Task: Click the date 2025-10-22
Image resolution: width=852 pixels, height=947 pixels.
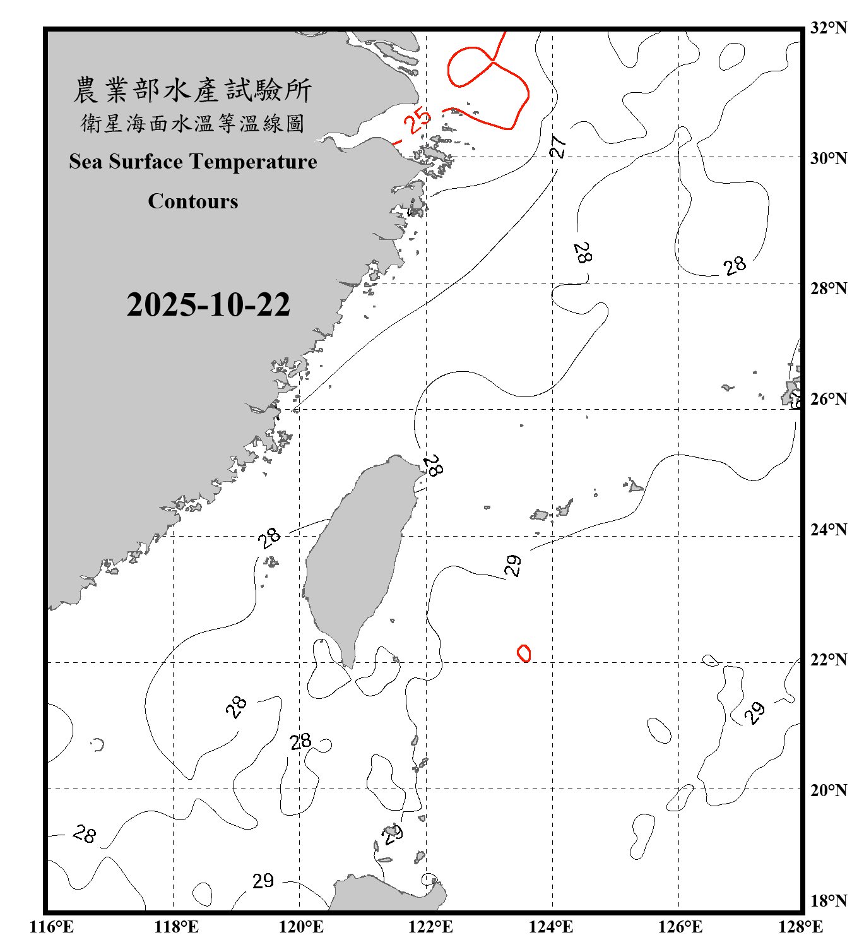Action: (x=208, y=304)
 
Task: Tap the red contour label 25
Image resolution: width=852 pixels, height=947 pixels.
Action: (x=417, y=120)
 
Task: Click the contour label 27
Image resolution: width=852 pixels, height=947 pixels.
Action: (x=558, y=146)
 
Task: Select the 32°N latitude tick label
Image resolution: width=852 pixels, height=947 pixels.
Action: (x=829, y=28)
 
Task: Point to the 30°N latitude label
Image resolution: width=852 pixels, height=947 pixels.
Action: (x=829, y=158)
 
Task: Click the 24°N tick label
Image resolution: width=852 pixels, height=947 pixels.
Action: (x=829, y=529)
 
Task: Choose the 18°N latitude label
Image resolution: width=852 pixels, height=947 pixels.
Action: (x=829, y=901)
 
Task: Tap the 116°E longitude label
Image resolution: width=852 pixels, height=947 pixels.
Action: (x=52, y=927)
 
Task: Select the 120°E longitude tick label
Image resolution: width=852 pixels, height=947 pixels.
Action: (x=301, y=927)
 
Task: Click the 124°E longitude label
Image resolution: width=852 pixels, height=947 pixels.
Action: (x=551, y=927)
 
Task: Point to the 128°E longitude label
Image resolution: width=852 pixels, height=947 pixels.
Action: (x=800, y=927)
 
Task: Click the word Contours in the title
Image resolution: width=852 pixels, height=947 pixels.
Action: (x=193, y=201)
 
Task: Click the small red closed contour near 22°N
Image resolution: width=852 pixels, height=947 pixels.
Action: (x=524, y=653)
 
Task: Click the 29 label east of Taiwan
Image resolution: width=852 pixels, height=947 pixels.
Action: (x=514, y=565)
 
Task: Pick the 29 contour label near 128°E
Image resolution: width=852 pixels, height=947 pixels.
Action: (x=754, y=712)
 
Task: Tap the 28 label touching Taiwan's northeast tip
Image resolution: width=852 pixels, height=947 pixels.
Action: (x=433, y=467)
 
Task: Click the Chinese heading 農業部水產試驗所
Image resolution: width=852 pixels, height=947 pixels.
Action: (x=192, y=90)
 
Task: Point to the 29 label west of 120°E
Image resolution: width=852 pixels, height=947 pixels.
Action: (x=263, y=881)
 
